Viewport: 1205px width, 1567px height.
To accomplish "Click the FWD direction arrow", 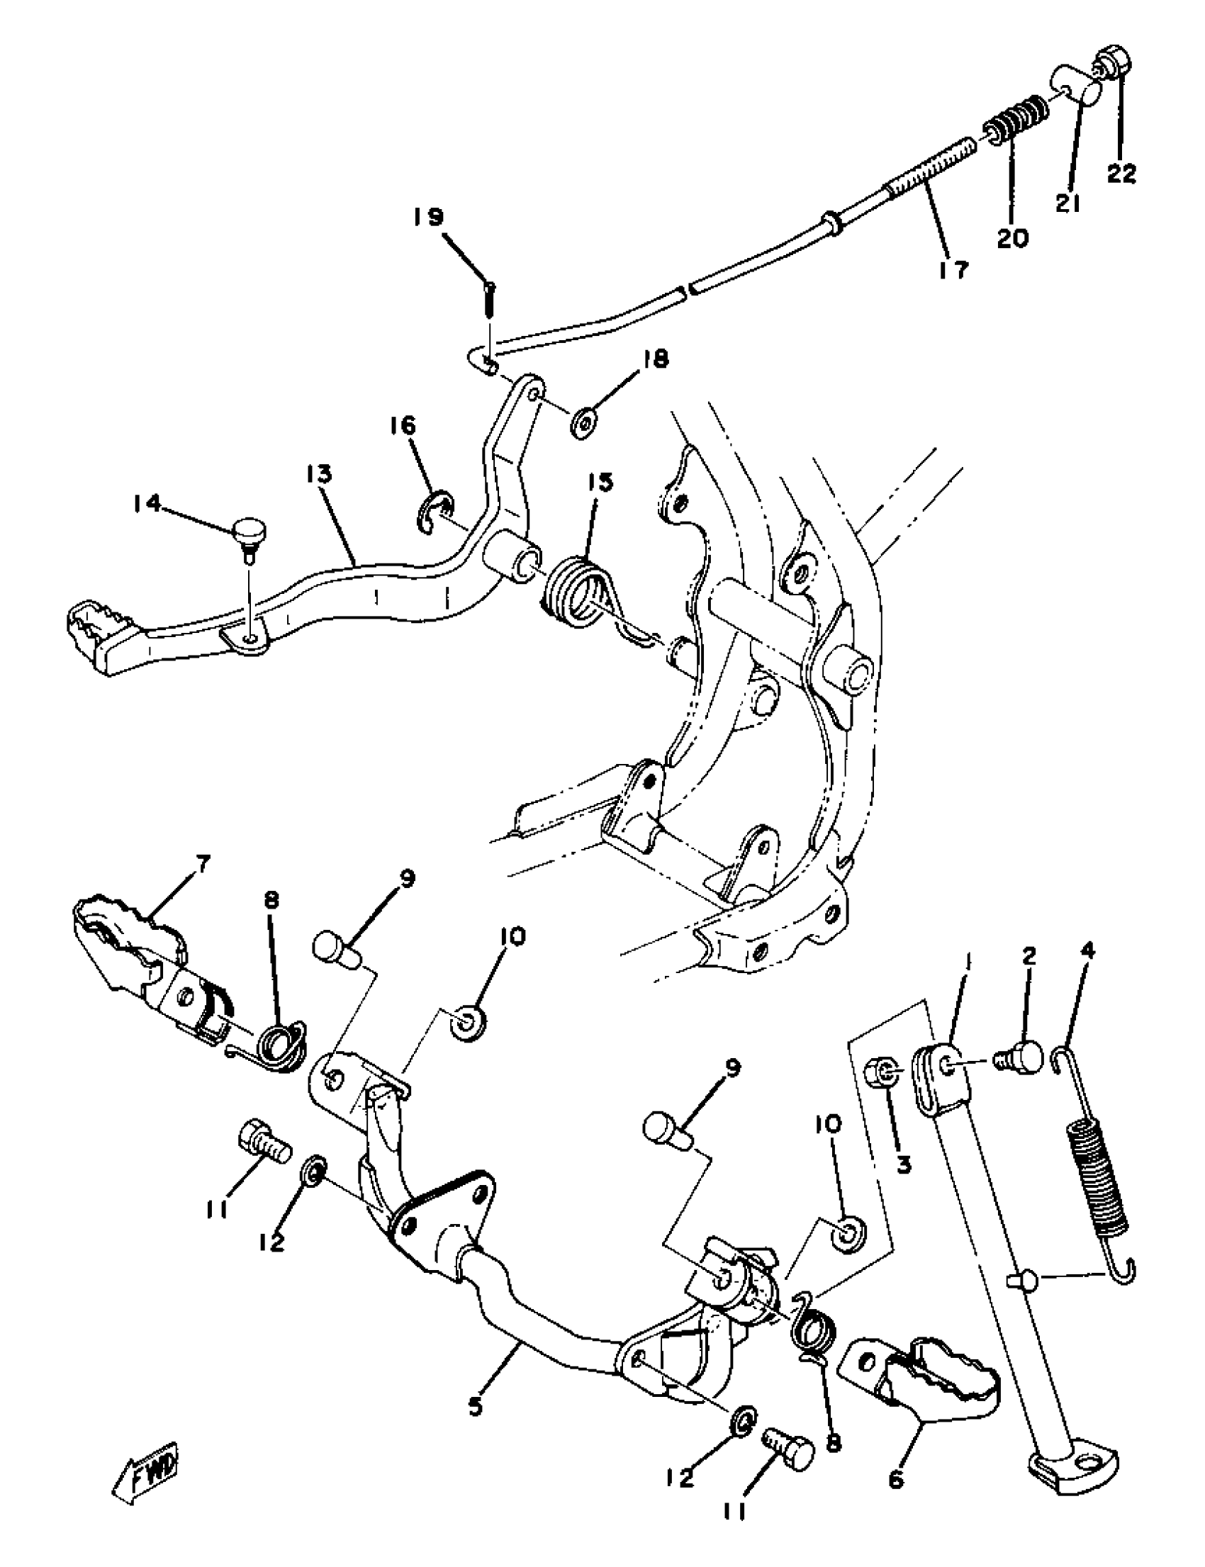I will [x=145, y=1470].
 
